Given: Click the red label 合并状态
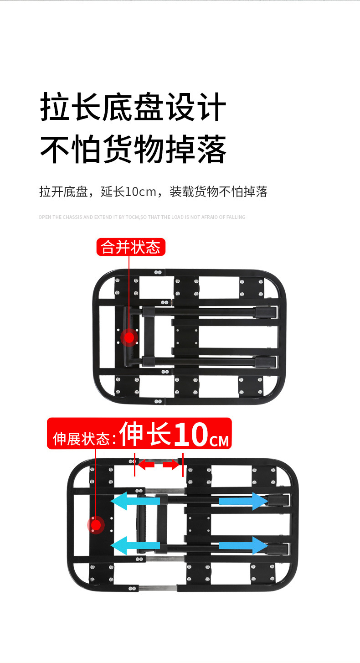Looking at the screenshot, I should point(131,247).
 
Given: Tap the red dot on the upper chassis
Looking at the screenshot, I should point(129,337).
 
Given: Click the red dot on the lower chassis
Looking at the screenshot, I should point(96,525).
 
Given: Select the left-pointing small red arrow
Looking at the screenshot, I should point(146,465).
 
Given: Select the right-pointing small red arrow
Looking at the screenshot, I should point(171,465).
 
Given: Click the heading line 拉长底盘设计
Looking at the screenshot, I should point(133,108).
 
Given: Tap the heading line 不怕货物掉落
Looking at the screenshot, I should point(133,149).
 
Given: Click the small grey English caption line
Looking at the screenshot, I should point(142,217).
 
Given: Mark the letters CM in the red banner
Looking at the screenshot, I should point(219,441).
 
